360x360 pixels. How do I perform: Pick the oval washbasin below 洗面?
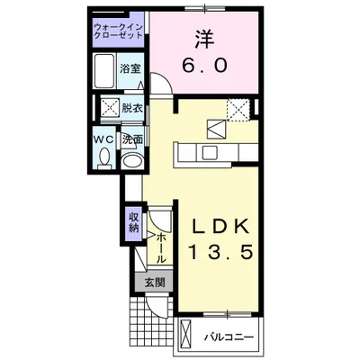[131, 160]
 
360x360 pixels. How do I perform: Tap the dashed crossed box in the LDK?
[239, 109]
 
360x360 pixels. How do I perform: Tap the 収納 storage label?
[132, 220]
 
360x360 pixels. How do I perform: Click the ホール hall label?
[159, 246]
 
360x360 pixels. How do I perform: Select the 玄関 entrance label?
[154, 282]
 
